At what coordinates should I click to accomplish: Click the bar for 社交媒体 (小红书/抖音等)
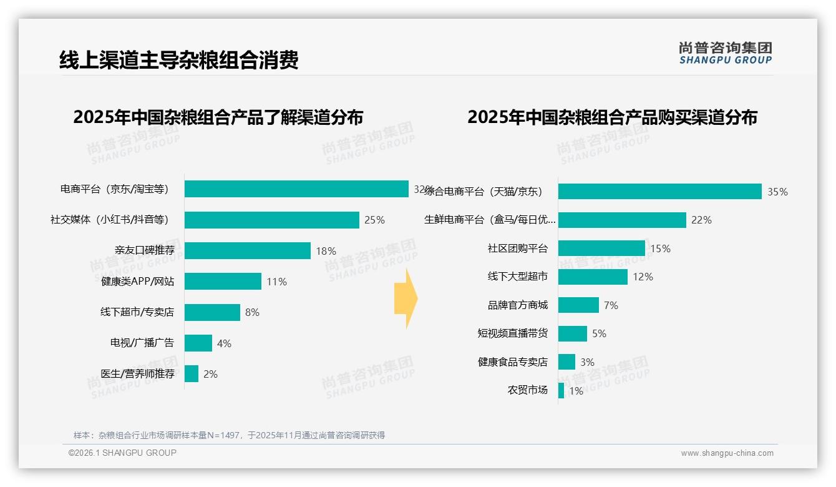[x=272, y=220]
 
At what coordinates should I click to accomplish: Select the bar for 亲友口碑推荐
[x=248, y=250]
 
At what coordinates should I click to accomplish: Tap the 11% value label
[x=276, y=282]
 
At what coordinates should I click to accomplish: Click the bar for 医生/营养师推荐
[x=192, y=374]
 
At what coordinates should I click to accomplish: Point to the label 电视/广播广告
[x=142, y=343]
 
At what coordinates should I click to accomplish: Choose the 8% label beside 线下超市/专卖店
[x=252, y=312]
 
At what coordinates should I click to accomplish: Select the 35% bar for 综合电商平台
[x=659, y=191]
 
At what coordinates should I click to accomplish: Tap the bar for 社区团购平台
[x=601, y=248]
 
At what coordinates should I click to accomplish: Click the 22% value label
[x=701, y=220]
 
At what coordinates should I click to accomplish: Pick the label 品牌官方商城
[x=517, y=305]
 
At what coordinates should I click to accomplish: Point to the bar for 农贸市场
[x=561, y=391]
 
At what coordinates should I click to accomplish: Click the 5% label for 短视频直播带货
[x=599, y=333]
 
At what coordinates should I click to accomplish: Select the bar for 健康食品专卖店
[x=566, y=362]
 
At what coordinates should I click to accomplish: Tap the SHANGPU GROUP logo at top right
[x=725, y=53]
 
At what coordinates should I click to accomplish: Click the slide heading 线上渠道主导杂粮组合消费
[x=178, y=59]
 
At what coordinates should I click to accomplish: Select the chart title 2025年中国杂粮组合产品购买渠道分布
[x=612, y=117]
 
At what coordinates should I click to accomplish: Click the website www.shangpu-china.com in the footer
[x=727, y=453]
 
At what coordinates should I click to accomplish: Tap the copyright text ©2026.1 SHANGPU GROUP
[x=122, y=453]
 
